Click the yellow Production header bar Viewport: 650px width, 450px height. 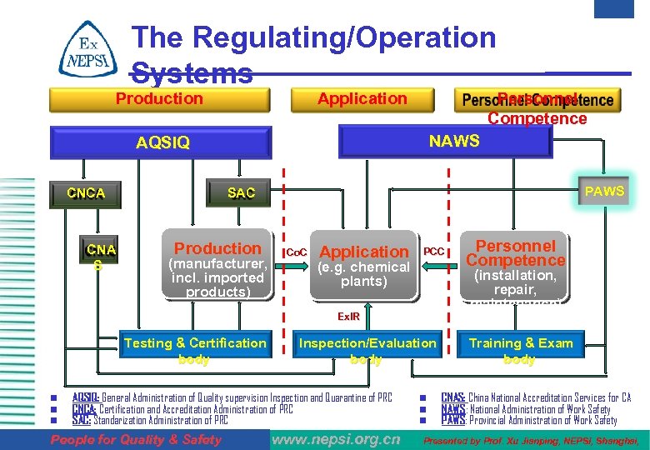(x=159, y=99)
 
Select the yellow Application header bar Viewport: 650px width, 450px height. (x=362, y=99)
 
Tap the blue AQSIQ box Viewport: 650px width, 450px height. (x=162, y=142)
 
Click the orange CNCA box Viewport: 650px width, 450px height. (x=86, y=193)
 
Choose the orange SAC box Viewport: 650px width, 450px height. (x=241, y=193)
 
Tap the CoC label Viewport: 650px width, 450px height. (x=297, y=252)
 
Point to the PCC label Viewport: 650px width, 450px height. (x=434, y=251)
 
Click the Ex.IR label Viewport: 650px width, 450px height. (x=348, y=317)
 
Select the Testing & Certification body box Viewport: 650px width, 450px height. (x=194, y=350)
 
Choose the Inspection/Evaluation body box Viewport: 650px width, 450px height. (x=367, y=350)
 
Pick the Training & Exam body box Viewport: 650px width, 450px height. (x=520, y=350)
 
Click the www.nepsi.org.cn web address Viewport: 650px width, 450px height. (x=337, y=439)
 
